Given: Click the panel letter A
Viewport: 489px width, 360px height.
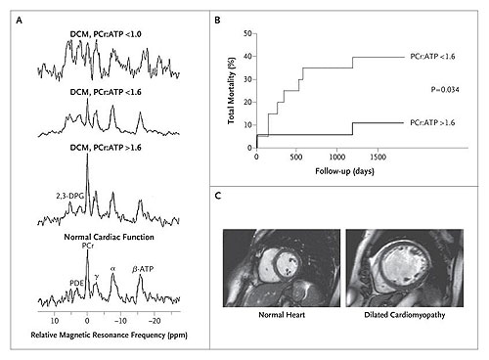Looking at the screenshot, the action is [20, 21].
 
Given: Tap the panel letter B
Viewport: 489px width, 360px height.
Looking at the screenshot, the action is [217, 21].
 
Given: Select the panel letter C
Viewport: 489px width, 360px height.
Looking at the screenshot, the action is [218, 196].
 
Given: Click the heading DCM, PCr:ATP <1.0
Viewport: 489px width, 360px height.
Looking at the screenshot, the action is [106, 34].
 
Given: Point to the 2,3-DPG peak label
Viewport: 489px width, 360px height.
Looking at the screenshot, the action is [69, 196].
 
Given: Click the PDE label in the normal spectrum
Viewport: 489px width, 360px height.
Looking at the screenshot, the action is [76, 283].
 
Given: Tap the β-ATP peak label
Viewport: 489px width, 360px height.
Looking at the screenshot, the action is [143, 269].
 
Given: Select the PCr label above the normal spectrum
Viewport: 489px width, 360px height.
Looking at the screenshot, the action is [88, 246].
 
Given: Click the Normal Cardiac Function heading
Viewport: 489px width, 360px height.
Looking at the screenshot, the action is [109, 237].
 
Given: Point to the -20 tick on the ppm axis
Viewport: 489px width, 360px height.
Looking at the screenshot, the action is [155, 321].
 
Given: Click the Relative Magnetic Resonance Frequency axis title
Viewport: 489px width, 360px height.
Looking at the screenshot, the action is [109, 335].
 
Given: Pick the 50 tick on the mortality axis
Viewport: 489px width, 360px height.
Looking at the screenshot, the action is [247, 33].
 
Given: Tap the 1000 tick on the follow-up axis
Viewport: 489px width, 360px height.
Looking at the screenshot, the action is [337, 157].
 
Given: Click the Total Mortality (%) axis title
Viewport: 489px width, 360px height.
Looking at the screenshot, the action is [231, 91].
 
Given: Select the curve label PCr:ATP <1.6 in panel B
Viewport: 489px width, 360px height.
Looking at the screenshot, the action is [432, 57].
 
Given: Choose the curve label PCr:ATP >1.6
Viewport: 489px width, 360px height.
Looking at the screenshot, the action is [432, 123].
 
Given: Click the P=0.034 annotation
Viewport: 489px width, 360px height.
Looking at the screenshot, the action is [445, 90].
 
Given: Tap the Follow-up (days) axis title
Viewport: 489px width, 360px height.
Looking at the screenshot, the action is [344, 171].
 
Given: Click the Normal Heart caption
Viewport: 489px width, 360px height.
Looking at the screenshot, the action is [282, 315].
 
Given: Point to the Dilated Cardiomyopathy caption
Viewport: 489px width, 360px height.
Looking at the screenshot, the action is [405, 315].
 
